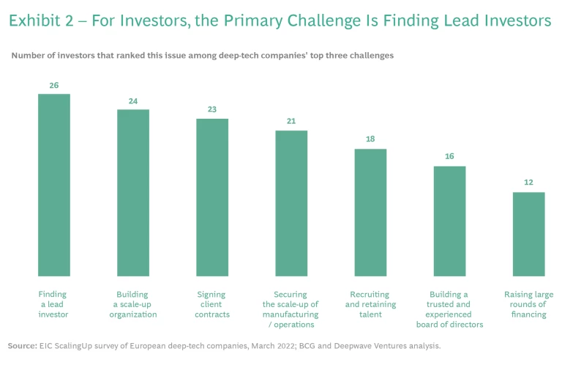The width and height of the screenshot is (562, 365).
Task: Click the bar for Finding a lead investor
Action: pos(54,185)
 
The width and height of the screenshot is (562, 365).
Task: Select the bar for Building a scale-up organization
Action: pos(133,193)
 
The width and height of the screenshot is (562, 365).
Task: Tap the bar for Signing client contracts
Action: pos(212,197)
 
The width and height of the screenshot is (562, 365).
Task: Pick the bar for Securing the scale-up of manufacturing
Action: pos(291,203)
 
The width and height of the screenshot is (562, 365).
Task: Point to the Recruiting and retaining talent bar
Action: pos(370,213)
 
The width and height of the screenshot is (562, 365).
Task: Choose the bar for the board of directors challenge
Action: pos(449,221)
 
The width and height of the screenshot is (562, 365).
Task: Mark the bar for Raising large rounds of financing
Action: pos(528,234)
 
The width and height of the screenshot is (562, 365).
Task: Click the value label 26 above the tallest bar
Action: pos(54,86)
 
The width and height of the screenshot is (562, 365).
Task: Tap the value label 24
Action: pos(133,101)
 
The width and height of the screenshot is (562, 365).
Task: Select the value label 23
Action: pos(212,110)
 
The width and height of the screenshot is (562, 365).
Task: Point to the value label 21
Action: pos(291,122)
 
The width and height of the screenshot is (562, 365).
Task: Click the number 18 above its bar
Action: pos(370,140)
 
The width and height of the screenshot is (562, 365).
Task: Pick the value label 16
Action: pos(449,157)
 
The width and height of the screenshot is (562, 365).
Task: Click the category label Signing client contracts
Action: pos(213,304)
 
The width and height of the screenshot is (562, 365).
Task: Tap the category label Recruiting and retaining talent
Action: pos(370,304)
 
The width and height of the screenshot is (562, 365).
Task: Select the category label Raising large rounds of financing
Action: pos(528,304)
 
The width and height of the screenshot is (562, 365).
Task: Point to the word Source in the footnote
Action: pos(23,344)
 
